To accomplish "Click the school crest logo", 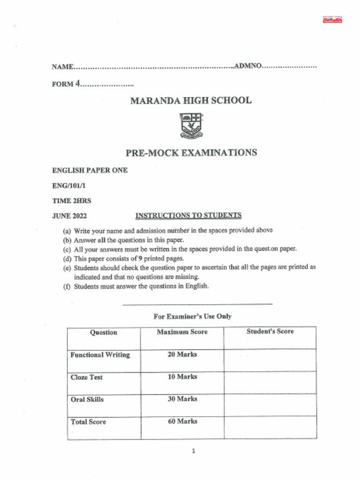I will point(191,126).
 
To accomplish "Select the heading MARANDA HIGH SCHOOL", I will point(190,100).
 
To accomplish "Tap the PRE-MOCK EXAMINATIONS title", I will point(191,153).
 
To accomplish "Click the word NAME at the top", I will point(62,67).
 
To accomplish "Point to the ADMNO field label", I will point(247,66).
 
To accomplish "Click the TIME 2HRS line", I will point(71,201).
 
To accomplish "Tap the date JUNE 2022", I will point(69,216).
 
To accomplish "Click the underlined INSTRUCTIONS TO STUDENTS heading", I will point(188,216).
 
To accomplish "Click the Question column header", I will point(103,332).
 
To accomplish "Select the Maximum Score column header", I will point(182,332).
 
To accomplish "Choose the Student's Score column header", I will point(270,331).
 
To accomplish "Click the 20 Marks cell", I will point(182,354).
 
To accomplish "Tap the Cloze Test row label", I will point(87,377).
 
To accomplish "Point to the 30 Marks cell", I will point(182,399).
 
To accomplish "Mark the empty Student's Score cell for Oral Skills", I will point(270,405).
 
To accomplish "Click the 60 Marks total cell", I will point(182,421).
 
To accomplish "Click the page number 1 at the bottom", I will point(193,451).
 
